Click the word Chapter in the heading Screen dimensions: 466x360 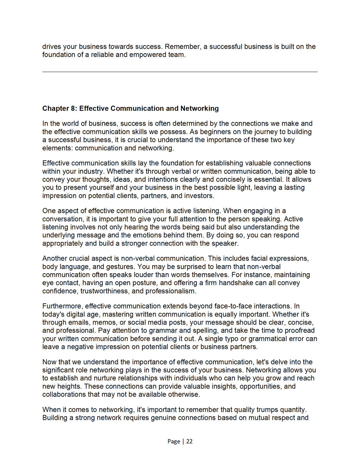[x=56, y=108]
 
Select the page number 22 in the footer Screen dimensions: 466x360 [x=189, y=441]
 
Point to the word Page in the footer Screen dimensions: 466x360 [x=174, y=441]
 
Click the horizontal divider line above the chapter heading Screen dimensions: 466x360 [x=180, y=72]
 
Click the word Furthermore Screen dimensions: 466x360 [x=62, y=306]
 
